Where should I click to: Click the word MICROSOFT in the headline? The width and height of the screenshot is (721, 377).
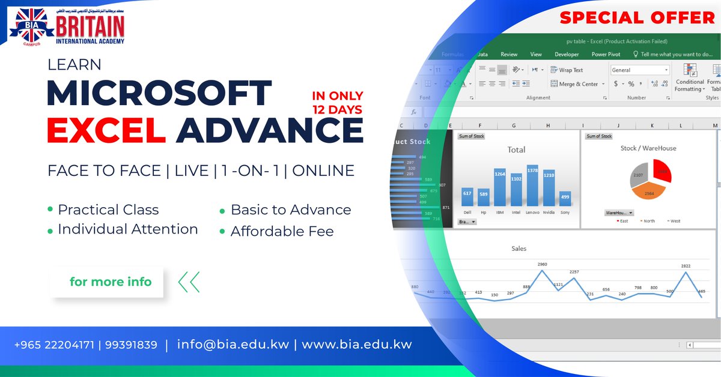(159, 94)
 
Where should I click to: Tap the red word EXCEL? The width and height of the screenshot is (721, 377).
(106, 129)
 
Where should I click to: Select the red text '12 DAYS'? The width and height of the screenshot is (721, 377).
(337, 109)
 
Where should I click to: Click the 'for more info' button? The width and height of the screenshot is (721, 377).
(111, 282)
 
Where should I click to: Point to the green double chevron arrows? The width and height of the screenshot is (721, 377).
(189, 282)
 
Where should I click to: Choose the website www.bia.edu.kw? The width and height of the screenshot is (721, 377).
(357, 345)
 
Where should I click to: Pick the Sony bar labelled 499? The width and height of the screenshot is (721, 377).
(565, 199)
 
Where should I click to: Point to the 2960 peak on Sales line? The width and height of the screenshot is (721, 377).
(543, 270)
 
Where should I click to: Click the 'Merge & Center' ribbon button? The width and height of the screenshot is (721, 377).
(574, 84)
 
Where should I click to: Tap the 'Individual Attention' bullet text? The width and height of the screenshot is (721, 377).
(127, 229)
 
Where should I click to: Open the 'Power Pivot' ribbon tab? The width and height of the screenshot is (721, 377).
(606, 54)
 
